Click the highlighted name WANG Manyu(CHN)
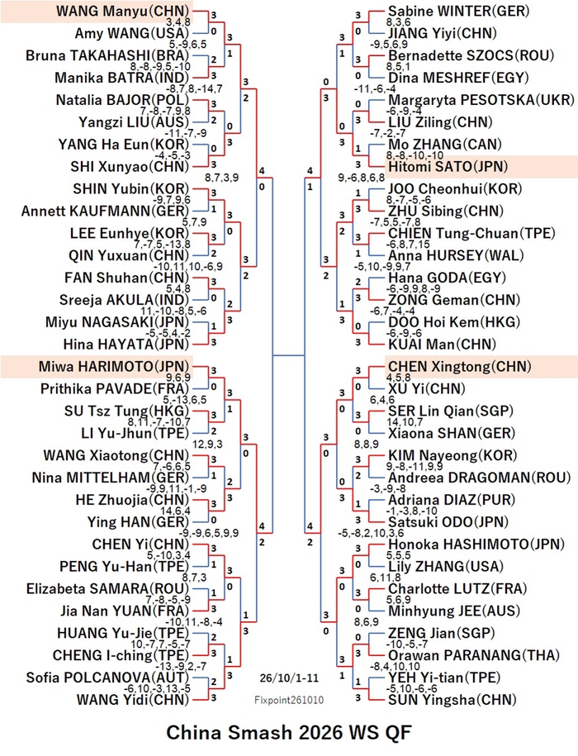(x=122, y=11)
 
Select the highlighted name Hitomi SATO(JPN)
(x=448, y=167)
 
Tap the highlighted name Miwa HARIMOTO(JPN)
(x=114, y=366)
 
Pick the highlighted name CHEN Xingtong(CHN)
(x=459, y=366)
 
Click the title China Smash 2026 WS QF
(x=289, y=732)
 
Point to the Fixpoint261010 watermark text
(x=289, y=700)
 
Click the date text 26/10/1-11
(x=289, y=678)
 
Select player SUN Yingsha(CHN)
(x=452, y=700)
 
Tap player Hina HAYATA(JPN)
(x=126, y=345)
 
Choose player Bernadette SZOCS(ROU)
(x=471, y=55)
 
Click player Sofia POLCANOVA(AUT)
(x=108, y=678)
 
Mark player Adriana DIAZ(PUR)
(x=452, y=500)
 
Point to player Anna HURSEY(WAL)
(x=456, y=255)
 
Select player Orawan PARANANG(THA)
(x=474, y=655)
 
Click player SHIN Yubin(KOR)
(x=131, y=189)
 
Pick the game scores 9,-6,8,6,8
(x=362, y=178)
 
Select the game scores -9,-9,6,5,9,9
(x=209, y=533)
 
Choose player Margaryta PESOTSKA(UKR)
(x=481, y=100)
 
